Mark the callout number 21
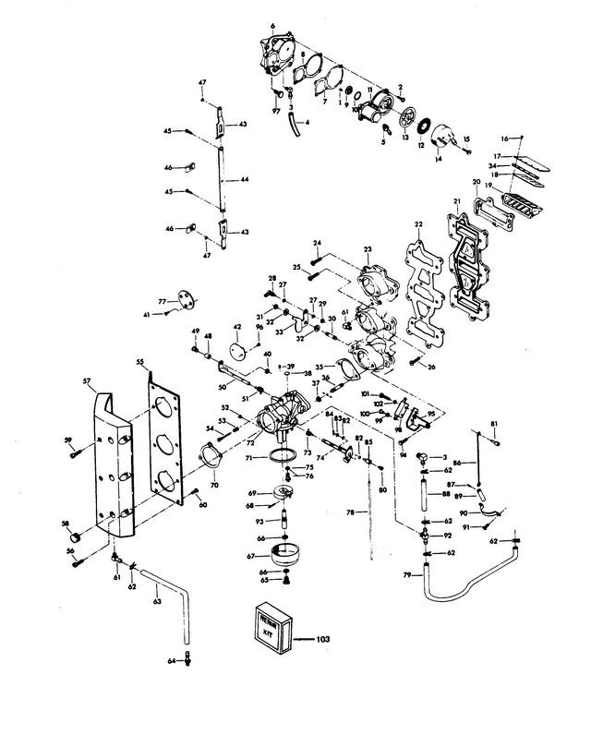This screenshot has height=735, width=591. pyautogui.click(x=455, y=202)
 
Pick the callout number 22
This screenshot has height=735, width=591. pyautogui.click(x=418, y=225)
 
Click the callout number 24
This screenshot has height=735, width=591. pyautogui.click(x=316, y=244)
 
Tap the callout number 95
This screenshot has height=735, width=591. pyautogui.click(x=430, y=415)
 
